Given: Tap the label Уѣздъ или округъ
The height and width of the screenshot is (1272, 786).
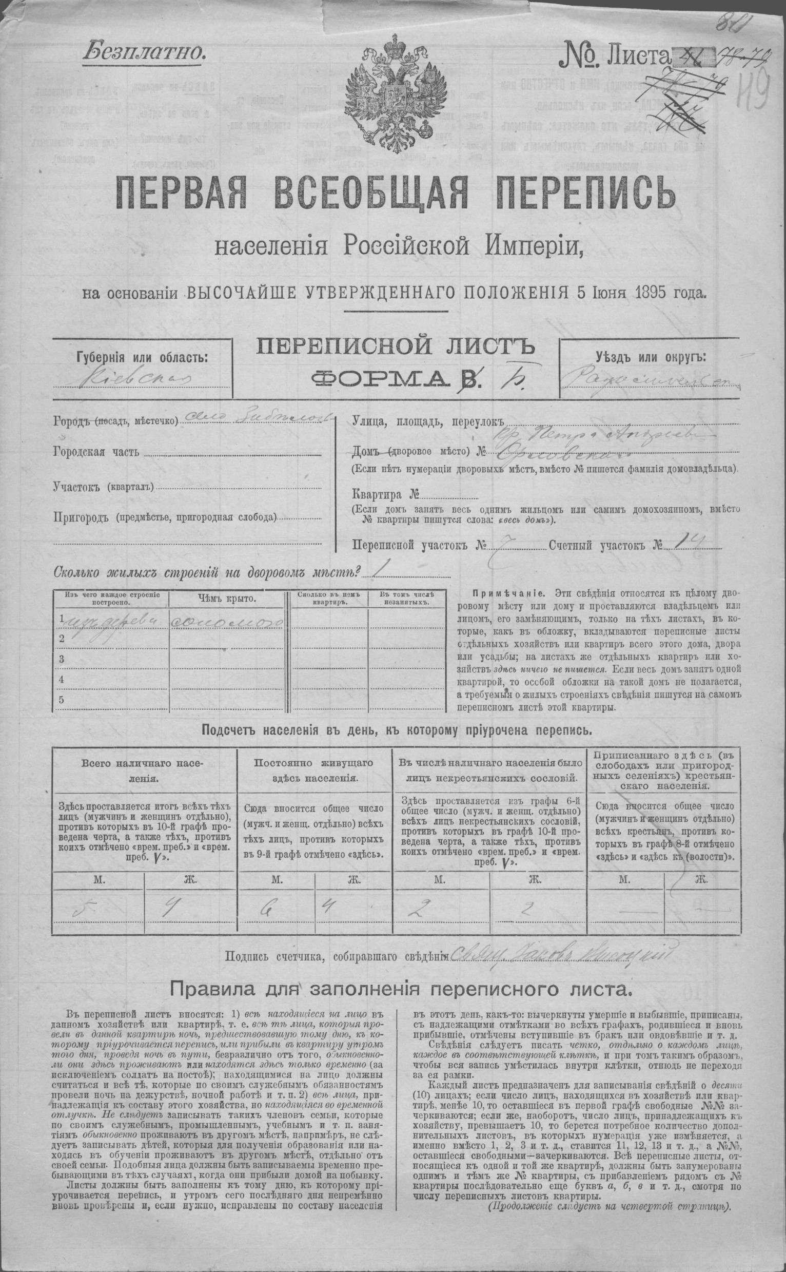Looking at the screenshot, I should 651,358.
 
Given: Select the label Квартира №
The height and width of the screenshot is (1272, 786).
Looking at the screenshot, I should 385,494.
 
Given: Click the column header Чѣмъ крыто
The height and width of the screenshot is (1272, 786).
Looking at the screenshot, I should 227,599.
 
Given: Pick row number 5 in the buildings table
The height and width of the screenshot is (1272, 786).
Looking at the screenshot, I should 62,700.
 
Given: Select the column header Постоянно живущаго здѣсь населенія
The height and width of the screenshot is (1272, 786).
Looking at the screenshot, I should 313,771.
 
